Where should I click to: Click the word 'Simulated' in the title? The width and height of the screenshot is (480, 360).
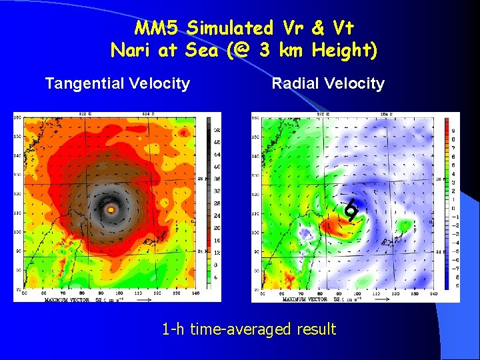click(230, 28)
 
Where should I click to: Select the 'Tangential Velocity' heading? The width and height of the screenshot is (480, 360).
click(117, 83)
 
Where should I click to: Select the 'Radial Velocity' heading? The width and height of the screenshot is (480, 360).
click(328, 83)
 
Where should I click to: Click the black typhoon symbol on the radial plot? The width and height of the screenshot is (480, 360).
click(351, 211)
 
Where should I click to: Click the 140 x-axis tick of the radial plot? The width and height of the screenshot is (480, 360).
click(431, 293)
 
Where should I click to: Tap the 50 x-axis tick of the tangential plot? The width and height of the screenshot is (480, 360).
click(25, 293)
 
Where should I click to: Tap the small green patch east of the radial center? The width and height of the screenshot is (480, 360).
click(401, 227)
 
